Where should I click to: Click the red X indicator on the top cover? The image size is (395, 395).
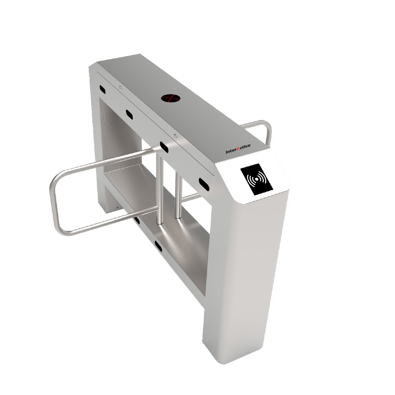(169, 98)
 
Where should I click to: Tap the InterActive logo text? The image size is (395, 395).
(238, 150)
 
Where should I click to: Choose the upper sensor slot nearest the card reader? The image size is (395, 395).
(205, 182)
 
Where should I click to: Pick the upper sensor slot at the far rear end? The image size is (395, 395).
(103, 89)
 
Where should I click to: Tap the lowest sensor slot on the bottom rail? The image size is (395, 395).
(159, 247)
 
